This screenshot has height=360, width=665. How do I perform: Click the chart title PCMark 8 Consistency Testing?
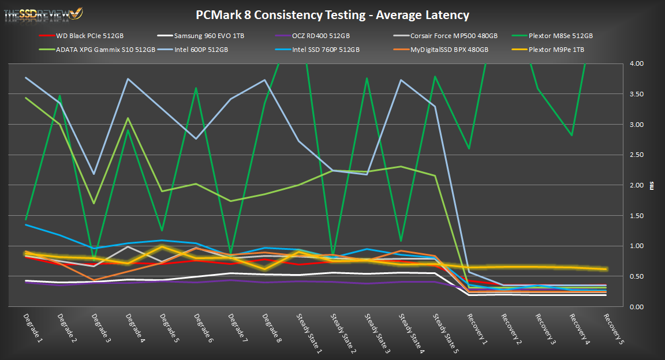[332, 15]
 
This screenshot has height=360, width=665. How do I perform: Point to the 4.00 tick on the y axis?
[636, 63]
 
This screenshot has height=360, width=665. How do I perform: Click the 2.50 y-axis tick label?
[636, 155]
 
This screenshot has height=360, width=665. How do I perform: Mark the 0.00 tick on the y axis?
[636, 307]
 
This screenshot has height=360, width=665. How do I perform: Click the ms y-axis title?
[655, 186]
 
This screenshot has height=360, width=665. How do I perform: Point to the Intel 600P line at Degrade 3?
[94, 174]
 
